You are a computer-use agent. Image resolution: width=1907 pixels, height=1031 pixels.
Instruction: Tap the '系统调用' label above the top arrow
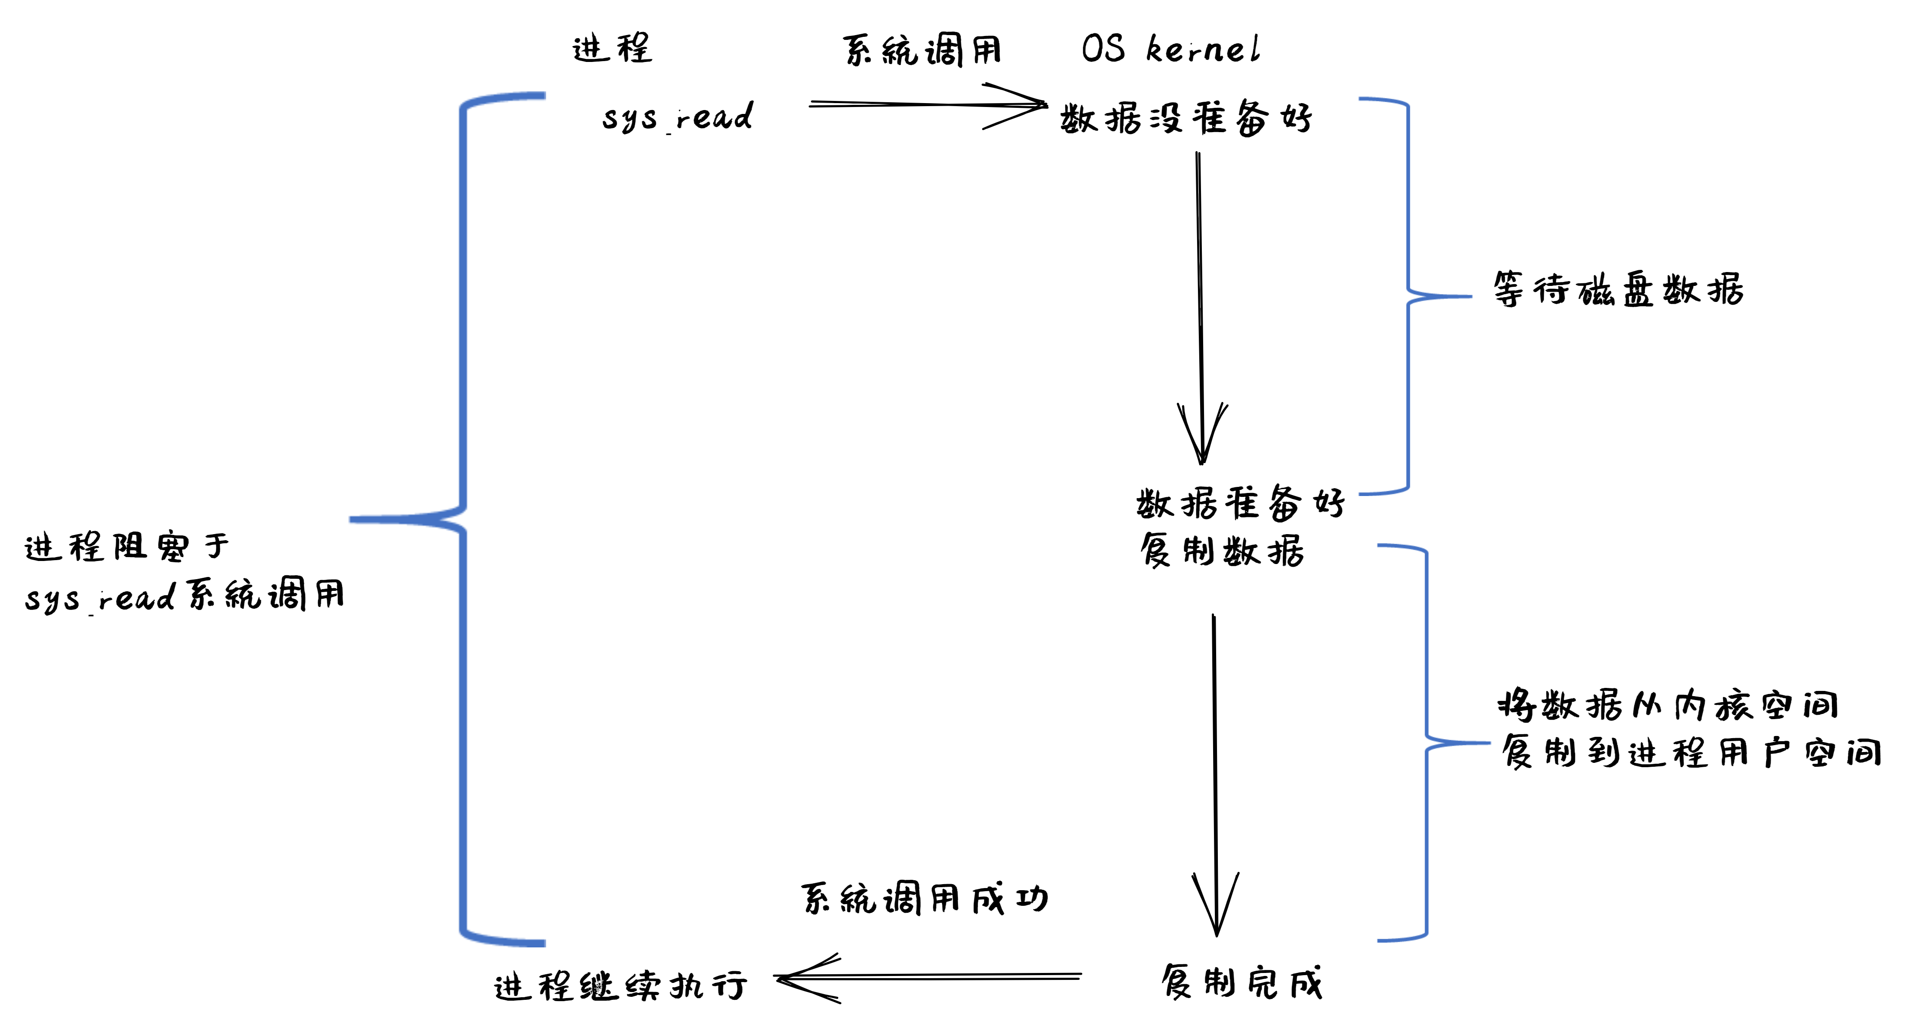pos(922,50)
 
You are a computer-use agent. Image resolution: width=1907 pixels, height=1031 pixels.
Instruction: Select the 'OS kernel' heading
pos(1170,49)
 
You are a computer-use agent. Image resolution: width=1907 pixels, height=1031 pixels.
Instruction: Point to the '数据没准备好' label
pos(1186,118)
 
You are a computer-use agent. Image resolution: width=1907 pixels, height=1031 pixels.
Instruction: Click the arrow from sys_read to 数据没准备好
pos(925,105)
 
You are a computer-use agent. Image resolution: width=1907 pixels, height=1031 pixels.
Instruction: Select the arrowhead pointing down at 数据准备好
pos(1201,437)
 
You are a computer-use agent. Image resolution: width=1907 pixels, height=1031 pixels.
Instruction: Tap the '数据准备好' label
pos(1240,503)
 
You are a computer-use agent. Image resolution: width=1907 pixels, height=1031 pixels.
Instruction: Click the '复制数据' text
pos(1221,551)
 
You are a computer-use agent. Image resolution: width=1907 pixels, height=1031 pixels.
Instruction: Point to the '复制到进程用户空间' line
pos(1691,753)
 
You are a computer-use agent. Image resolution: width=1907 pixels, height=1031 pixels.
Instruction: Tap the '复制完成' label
pos(1241,983)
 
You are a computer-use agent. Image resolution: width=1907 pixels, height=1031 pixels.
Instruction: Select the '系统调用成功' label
pos(924,899)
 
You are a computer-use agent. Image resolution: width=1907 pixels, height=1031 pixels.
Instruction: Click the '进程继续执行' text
pos(620,986)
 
